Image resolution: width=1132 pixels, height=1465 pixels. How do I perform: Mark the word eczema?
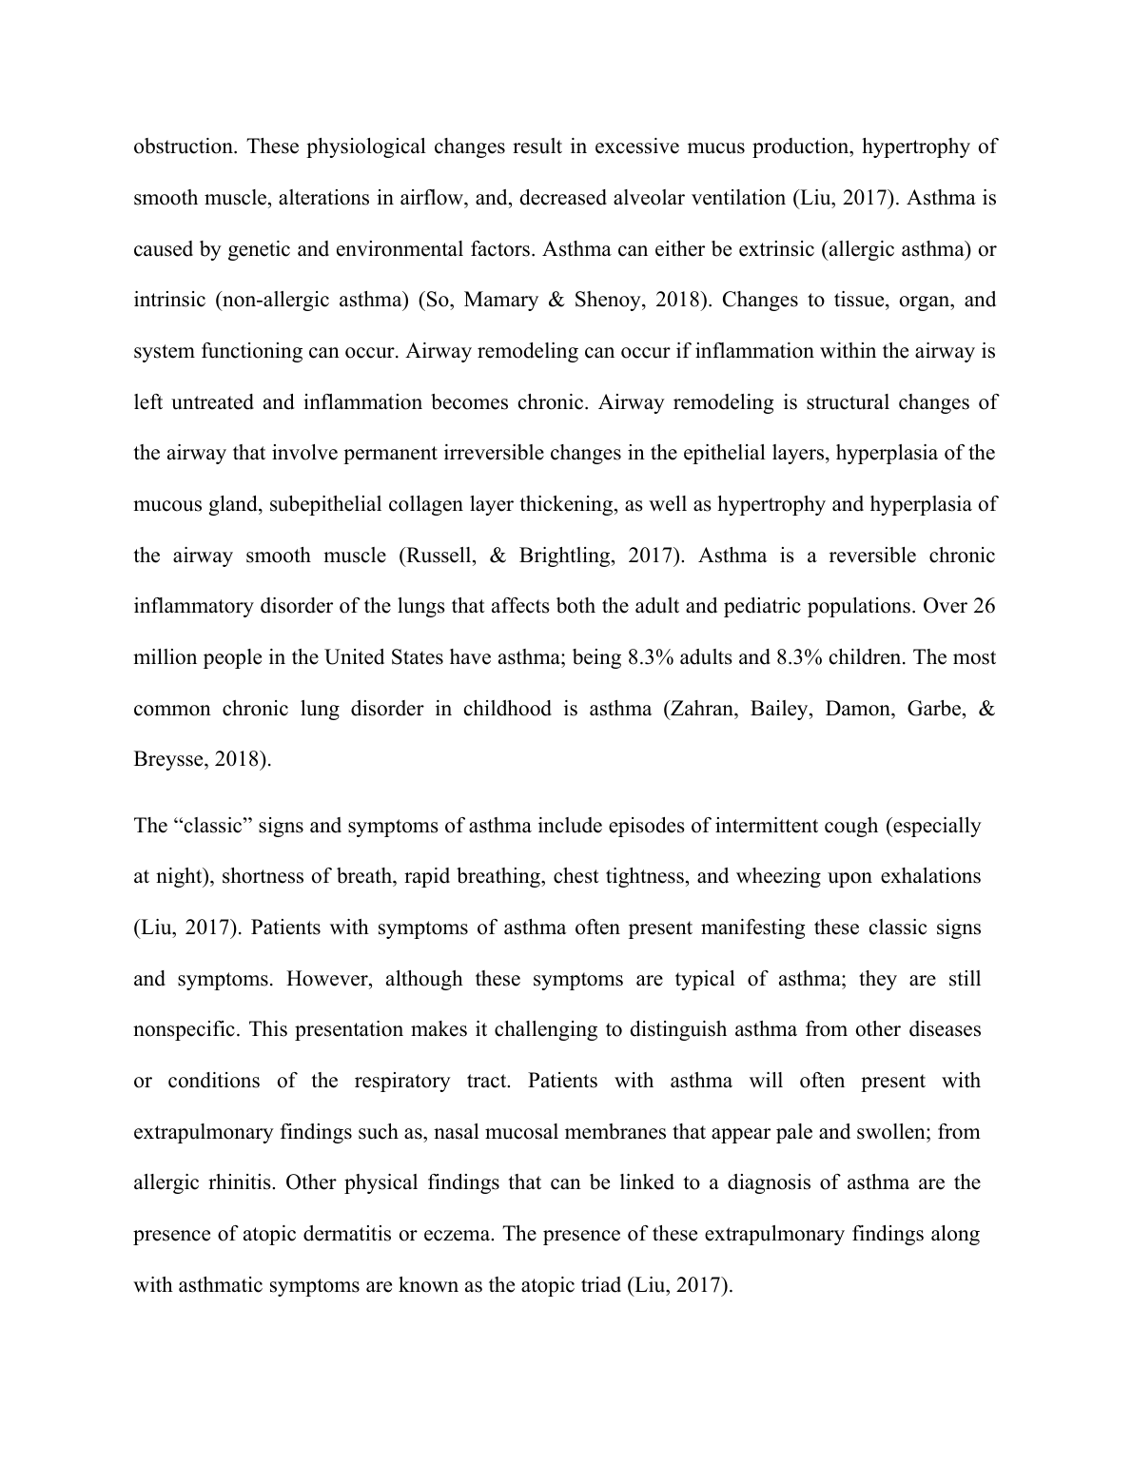click(x=458, y=1235)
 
